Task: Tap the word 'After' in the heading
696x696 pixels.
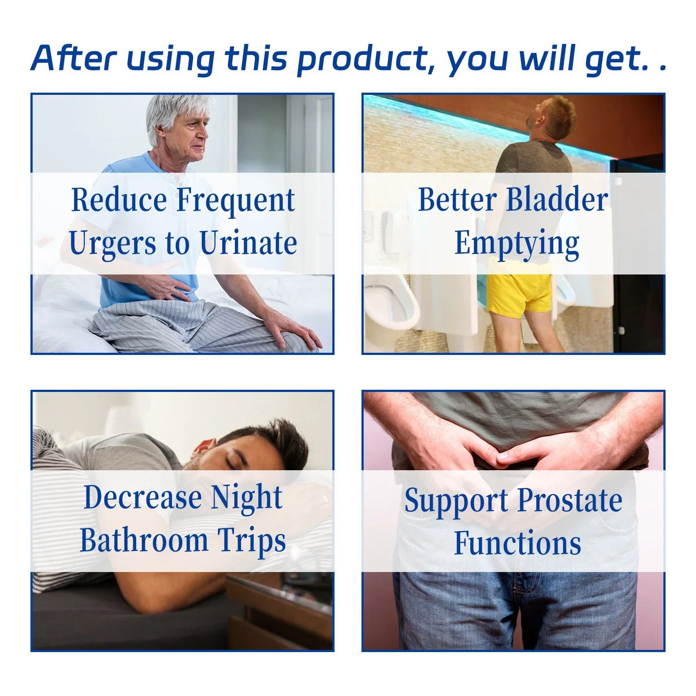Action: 74,58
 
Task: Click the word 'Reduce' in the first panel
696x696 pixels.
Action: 119,200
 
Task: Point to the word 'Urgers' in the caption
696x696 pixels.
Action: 112,244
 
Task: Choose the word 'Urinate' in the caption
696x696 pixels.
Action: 248,242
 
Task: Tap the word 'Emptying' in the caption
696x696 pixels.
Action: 517,244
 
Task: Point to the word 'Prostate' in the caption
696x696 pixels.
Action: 570,500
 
